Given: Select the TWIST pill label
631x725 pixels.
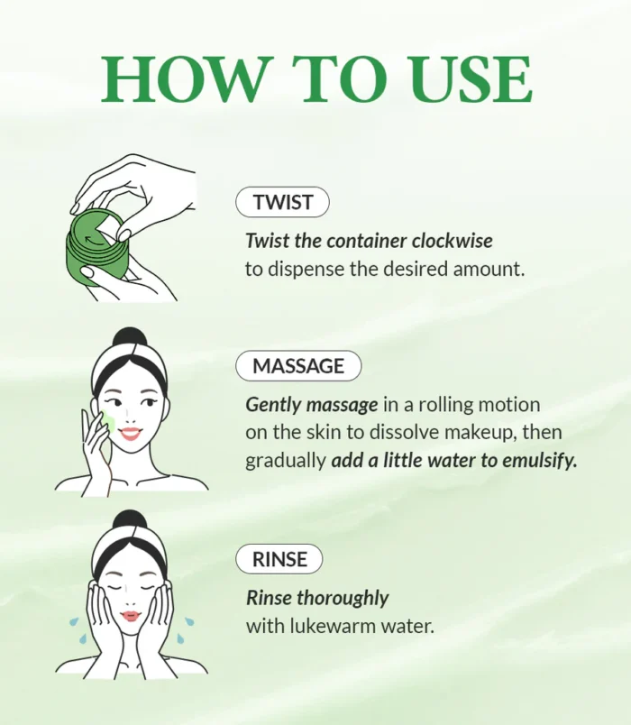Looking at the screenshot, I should point(282,202).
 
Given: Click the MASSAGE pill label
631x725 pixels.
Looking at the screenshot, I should point(298,366).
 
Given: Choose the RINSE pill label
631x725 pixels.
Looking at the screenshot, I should point(279,559).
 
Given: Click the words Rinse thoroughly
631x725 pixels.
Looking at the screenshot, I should point(317,598).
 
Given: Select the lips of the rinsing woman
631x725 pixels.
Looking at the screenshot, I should point(132,616).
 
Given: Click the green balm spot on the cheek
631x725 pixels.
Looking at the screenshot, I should point(108,419).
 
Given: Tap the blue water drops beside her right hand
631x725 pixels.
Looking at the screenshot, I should point(186,631).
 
